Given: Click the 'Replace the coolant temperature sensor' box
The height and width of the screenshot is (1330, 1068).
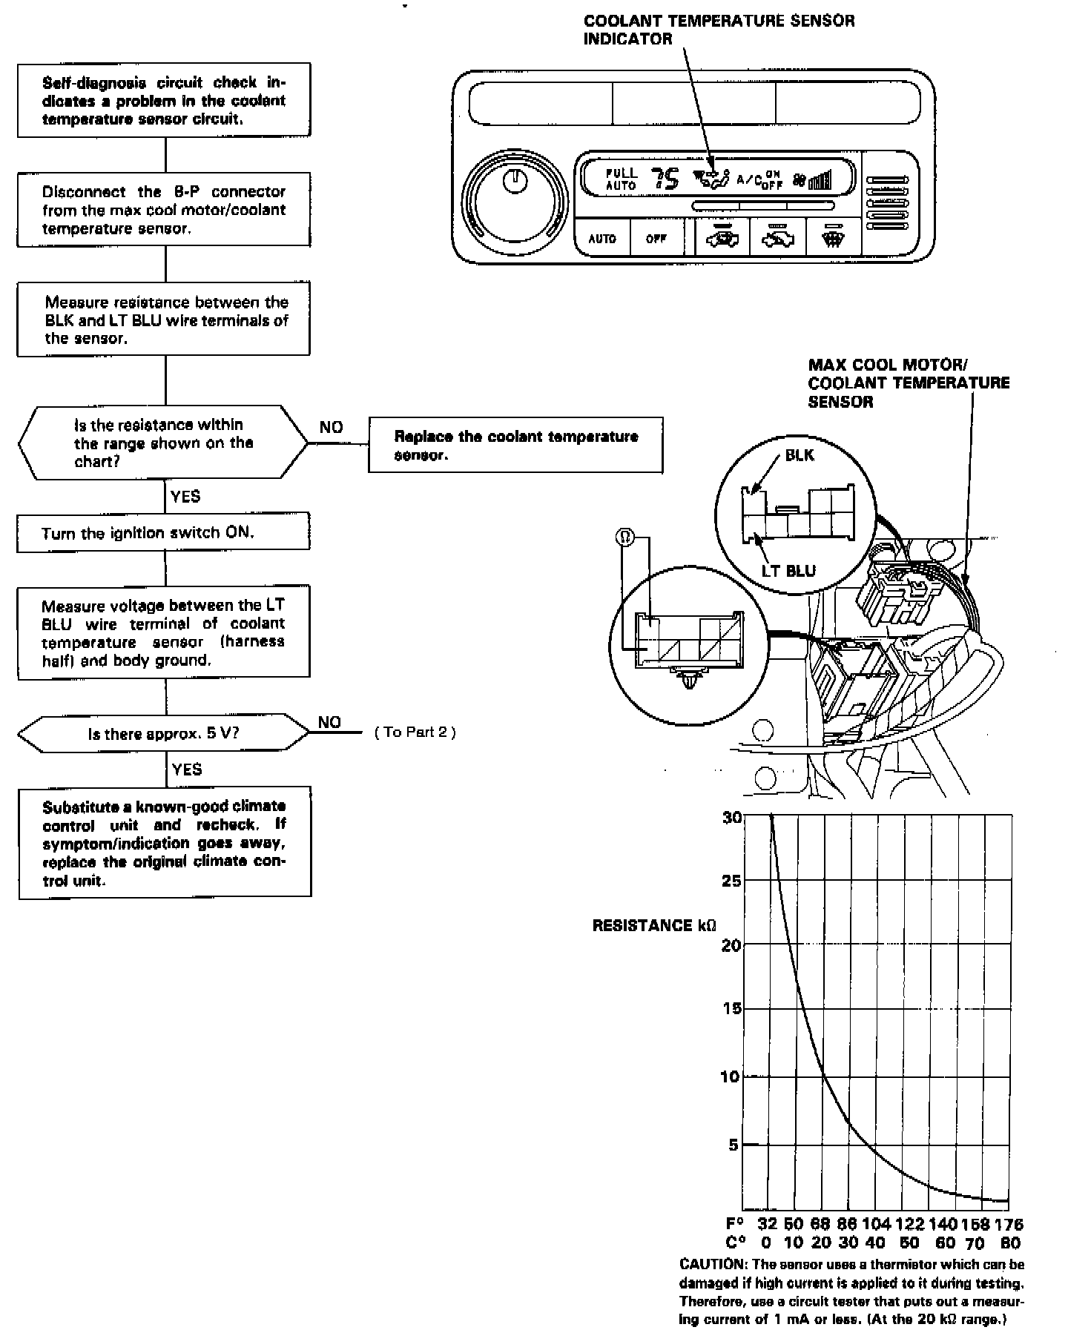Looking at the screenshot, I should (x=515, y=445).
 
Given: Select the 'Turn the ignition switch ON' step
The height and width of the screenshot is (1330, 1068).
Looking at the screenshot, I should (x=163, y=533).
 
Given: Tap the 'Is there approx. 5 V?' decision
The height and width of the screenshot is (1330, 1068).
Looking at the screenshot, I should (x=163, y=734).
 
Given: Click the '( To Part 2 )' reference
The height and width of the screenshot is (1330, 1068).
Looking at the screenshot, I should (x=415, y=732).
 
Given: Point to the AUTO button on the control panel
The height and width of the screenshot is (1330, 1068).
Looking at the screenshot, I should (x=601, y=239).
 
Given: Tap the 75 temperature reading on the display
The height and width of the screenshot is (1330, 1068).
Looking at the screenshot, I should (x=665, y=179).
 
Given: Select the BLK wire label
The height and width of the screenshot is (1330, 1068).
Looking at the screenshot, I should (x=799, y=455).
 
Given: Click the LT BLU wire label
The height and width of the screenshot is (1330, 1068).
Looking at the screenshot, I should (x=788, y=571).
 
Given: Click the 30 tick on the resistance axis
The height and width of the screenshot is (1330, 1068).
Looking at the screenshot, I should (x=731, y=818).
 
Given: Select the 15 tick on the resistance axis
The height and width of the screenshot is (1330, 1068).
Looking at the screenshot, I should (x=731, y=1008).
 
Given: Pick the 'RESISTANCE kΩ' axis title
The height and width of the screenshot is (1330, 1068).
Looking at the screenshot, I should (x=654, y=926).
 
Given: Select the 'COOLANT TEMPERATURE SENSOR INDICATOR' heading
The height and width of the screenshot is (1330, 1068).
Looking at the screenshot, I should (x=718, y=30).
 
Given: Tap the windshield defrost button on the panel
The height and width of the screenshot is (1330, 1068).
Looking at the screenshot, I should (x=832, y=239).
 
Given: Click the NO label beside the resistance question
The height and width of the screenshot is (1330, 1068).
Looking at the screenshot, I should (x=331, y=427).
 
